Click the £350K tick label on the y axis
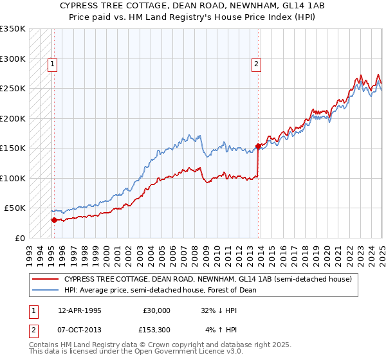point(13,29)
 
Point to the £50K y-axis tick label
point(15,208)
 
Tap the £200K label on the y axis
point(13,118)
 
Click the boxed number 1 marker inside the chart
point(51,64)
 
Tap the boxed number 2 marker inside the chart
point(256,64)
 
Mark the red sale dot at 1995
point(54,220)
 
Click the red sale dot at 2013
point(258,146)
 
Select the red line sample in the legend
point(46,280)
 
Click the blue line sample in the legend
point(46,290)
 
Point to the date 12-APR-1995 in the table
point(80,310)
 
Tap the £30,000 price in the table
point(157,310)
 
